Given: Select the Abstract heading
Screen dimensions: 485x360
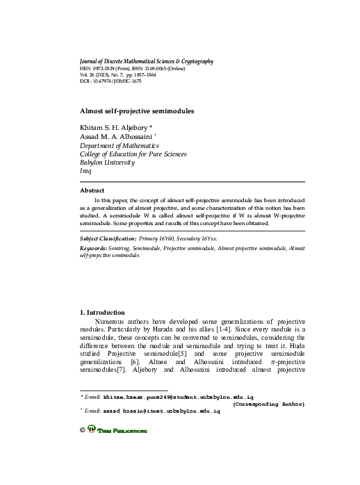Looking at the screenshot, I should coord(92,190).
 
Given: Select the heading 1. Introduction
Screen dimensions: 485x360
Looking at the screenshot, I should coord(103,312).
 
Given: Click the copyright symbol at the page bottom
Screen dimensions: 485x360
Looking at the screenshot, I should coord(84,431).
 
